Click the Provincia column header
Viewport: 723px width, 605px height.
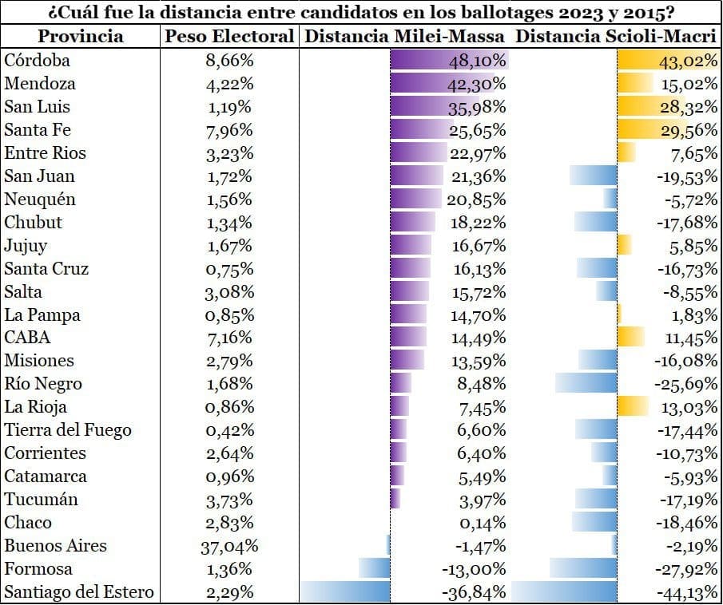click(x=81, y=37)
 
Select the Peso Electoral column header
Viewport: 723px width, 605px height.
click(x=229, y=37)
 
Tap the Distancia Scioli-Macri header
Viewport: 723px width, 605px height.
click(x=615, y=37)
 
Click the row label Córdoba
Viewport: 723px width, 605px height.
click(x=38, y=61)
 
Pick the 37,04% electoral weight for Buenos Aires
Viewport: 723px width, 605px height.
click(x=229, y=547)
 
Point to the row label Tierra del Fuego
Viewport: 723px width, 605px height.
click(x=68, y=431)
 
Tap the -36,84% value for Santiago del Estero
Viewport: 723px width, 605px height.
click(x=474, y=593)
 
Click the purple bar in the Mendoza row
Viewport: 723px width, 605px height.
click(x=447, y=84)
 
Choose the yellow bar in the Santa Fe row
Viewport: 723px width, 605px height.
click(x=650, y=130)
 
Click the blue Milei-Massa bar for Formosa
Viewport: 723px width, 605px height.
click(x=375, y=570)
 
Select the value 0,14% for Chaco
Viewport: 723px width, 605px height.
click(x=479, y=524)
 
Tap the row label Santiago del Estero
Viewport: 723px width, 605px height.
click(x=78, y=593)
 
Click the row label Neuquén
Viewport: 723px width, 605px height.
click(x=38, y=200)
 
